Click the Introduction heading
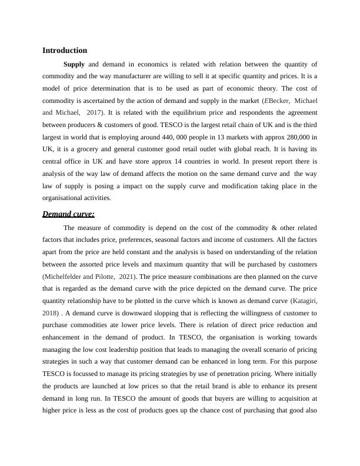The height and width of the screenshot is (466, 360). pyautogui.click(x=65, y=51)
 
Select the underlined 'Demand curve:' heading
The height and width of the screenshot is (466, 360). pyautogui.click(x=68, y=214)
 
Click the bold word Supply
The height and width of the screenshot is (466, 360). pyautogui.click(x=74, y=64)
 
